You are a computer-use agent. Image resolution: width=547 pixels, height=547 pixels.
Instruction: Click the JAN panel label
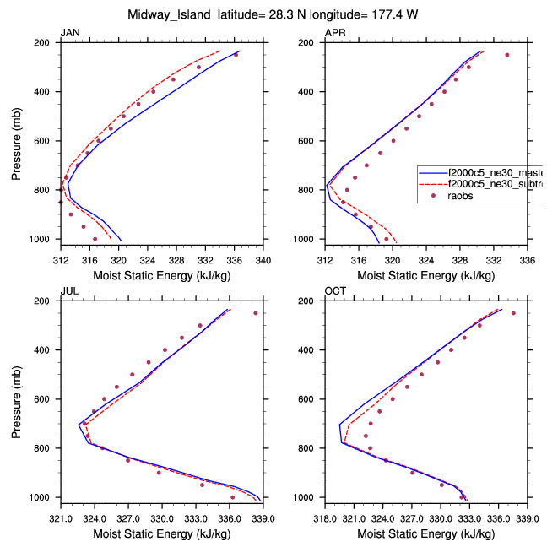70,33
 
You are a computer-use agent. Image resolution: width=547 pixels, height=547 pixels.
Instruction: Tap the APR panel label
336,33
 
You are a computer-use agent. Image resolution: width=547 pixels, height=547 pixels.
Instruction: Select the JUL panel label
69,291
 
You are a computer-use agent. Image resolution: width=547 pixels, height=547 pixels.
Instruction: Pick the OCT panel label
336,291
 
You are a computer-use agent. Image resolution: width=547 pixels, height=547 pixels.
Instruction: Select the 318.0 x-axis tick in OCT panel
326,510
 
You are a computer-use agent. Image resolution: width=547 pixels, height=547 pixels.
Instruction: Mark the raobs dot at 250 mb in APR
507,55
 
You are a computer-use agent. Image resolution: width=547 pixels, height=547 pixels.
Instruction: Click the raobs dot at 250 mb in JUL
256,313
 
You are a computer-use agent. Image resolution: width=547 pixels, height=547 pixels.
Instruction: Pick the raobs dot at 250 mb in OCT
513,313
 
